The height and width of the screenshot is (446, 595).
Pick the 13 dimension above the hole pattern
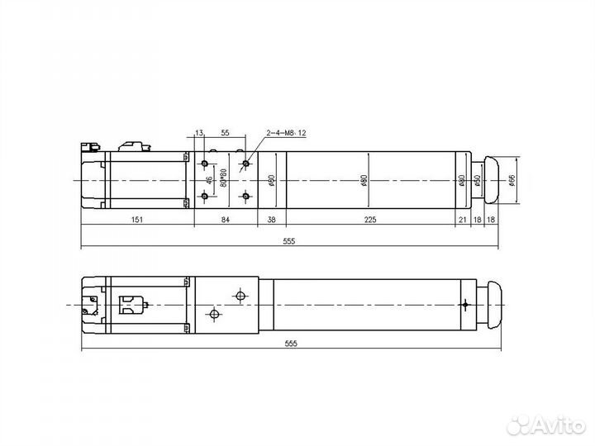coord(199,133)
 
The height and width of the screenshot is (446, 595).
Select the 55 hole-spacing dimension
coord(226,133)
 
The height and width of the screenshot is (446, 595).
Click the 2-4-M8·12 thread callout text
coord(286,133)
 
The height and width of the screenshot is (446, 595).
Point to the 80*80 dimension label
coord(223,178)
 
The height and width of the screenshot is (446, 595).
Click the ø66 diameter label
coord(513,181)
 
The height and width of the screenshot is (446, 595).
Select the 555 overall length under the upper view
coord(288,241)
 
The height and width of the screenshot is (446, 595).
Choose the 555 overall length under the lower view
coord(288,343)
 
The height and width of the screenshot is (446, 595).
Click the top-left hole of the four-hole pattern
coord(204,164)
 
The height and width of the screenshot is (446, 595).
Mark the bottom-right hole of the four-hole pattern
coord(245,196)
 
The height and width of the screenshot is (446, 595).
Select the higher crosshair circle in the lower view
coord(240,295)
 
